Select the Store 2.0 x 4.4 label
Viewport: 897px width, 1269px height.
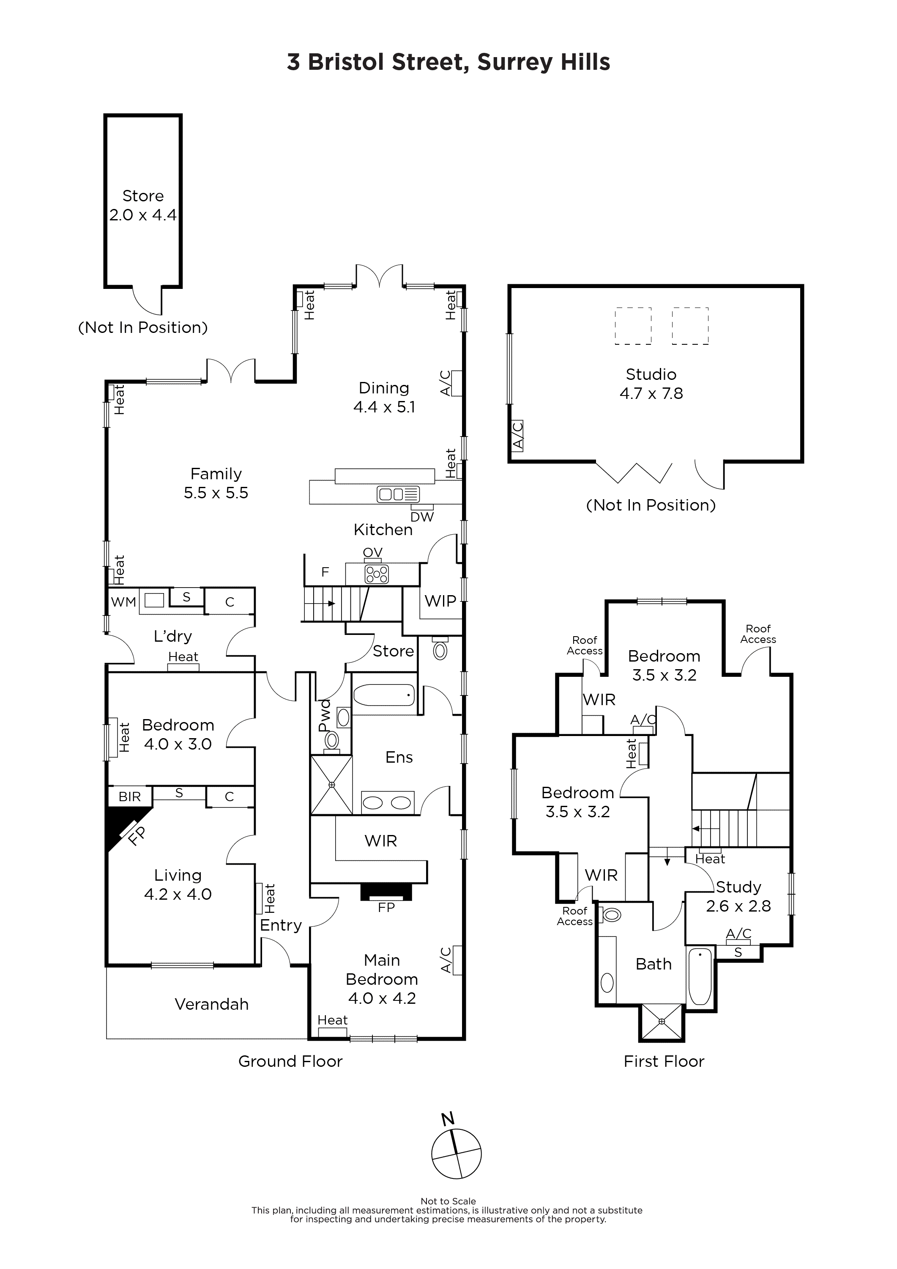point(142,205)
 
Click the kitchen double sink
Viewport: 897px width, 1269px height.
point(398,494)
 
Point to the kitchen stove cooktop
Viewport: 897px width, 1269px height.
point(376,574)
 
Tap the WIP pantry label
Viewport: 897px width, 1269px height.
point(440,601)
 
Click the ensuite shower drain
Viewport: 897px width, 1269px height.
point(331,785)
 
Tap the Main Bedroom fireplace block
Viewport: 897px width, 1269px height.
point(386,892)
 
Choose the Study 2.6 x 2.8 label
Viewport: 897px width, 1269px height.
point(738,896)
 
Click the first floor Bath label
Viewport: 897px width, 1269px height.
point(654,964)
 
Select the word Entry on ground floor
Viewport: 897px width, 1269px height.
point(281,925)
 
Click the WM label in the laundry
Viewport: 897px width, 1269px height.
point(123,602)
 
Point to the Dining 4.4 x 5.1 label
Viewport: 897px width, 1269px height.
point(384,397)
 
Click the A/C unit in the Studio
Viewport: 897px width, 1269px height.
point(517,436)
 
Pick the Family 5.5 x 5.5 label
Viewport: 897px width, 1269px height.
point(216,483)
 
